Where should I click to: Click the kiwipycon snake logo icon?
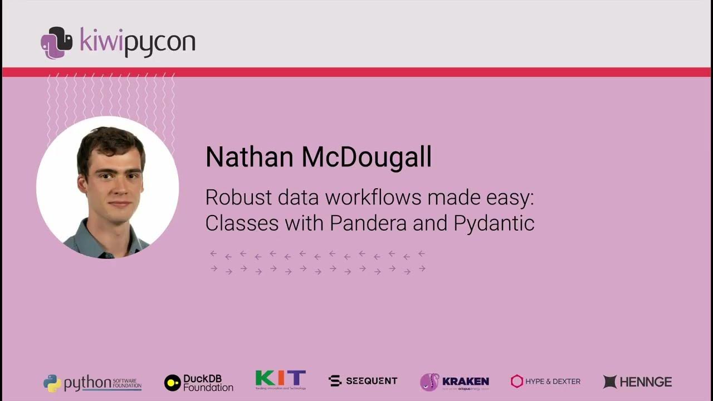coord(56,42)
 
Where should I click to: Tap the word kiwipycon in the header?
coord(138,42)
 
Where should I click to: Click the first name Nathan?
coord(249,157)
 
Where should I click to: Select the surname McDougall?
coord(367,157)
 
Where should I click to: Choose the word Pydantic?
coord(494,223)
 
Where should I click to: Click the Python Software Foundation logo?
coord(92,383)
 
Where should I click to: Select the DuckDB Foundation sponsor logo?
coord(199,383)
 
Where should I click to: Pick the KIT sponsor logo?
coord(280,380)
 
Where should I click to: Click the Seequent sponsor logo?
coord(363,381)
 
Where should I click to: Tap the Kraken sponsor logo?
coord(455,382)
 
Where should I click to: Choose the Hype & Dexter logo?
coord(545,382)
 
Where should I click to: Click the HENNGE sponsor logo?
coord(637,382)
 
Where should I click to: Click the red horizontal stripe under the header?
coord(356,72)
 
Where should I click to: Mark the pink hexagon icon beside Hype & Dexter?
coord(517,382)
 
